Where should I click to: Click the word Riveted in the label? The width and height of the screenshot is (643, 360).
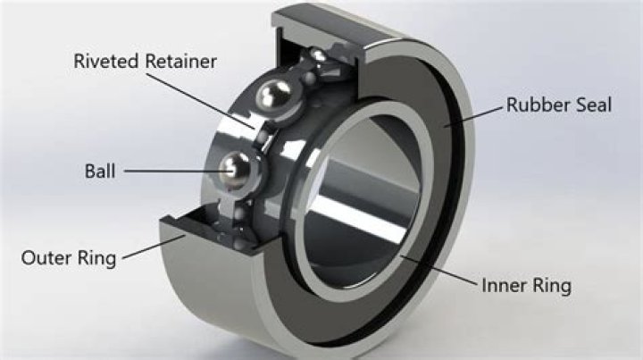tap(105, 61)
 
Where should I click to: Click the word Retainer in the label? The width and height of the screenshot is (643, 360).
tap(180, 61)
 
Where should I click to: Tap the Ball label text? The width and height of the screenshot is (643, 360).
tap(100, 171)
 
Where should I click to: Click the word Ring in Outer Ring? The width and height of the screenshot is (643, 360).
tap(96, 259)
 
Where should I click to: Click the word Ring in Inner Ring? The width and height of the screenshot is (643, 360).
tap(550, 286)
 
